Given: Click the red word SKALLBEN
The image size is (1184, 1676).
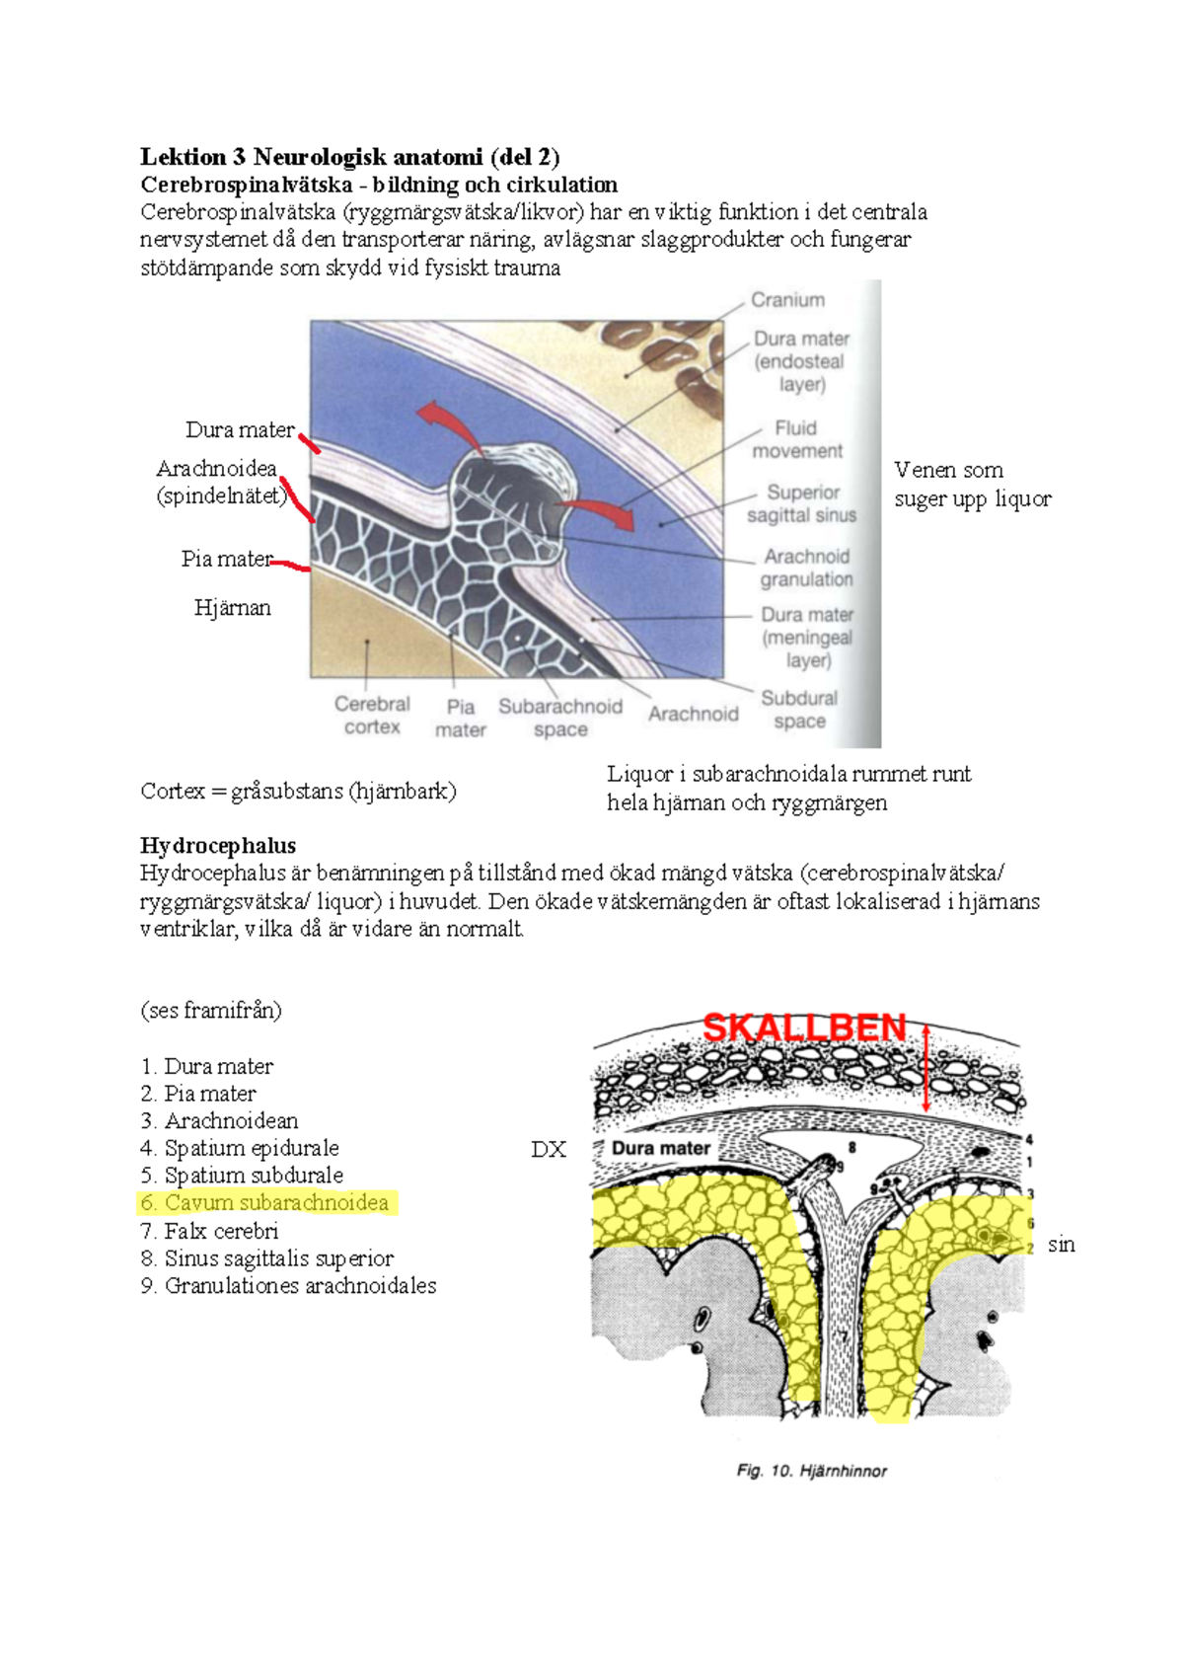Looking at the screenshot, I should pos(804,1028).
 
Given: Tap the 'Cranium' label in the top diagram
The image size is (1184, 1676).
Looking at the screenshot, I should pos(787,300).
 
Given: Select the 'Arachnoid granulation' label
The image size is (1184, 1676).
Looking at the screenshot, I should pos(806,568).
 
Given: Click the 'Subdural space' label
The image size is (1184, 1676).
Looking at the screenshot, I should pos(799,710).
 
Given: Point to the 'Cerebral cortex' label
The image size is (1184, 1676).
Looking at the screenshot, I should pos(372,715).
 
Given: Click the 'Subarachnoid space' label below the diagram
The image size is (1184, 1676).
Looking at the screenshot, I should pos(560,718).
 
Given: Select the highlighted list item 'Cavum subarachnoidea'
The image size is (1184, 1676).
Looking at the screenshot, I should pos(266,1202).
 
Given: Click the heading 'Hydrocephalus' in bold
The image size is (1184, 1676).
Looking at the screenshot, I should pos(218,846).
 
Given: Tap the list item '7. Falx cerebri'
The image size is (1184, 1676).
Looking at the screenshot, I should pos(210,1231).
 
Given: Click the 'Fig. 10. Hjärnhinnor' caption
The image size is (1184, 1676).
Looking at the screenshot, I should pos(811,1471).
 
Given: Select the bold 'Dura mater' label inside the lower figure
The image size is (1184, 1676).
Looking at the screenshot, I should pos(660,1148).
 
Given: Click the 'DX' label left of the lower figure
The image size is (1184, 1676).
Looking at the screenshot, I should pos(548,1149).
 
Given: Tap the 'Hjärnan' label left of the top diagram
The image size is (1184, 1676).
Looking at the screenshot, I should pos(232,608).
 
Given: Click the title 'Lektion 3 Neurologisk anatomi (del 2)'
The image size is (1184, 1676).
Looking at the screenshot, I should pos(349,156).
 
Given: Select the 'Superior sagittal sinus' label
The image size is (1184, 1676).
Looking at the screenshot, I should pos(801,503).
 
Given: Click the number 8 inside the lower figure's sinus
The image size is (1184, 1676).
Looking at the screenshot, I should pos(852,1148).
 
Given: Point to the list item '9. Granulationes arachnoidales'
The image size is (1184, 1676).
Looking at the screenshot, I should pos(288,1285).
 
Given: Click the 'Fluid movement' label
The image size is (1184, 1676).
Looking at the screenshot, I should pos(796,439).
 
